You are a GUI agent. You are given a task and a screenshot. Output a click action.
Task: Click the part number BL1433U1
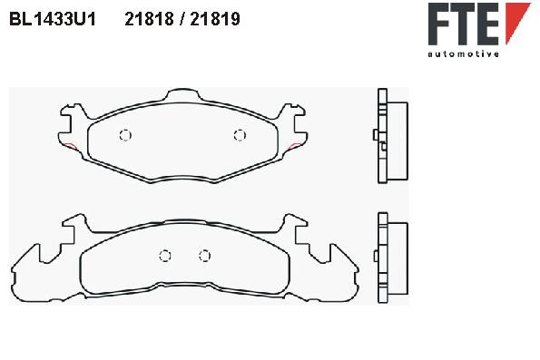point(53,19)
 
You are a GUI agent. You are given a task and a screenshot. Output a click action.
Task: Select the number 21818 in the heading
point(149,19)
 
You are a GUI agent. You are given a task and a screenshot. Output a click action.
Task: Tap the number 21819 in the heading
point(215,19)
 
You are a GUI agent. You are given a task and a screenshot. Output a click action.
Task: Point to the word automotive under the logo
point(463,54)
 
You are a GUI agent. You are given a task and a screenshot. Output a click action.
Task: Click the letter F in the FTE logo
point(440,24)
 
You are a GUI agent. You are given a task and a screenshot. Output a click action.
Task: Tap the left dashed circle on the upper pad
point(125,135)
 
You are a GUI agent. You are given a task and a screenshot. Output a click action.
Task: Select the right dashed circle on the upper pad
point(240,135)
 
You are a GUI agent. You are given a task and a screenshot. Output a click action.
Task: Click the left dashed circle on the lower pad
point(165,256)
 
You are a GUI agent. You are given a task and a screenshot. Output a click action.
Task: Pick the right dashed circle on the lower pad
point(204,256)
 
